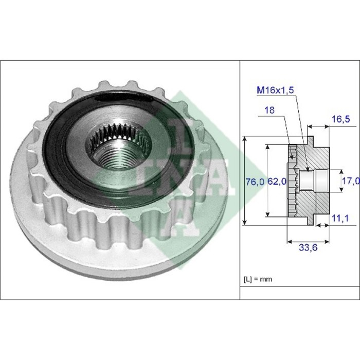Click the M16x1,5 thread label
[x=275, y=90]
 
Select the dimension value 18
[x=269, y=110]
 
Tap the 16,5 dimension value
[x=341, y=119]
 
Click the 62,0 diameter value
[x=277, y=182]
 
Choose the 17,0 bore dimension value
[x=351, y=181]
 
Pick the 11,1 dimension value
[x=340, y=218]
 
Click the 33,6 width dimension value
[x=308, y=247]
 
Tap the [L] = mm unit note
[x=258, y=279]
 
